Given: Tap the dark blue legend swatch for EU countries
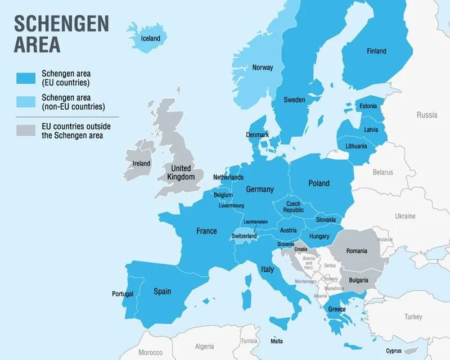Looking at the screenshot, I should click(x=25, y=79).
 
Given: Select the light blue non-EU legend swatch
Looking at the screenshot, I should click(x=25, y=102).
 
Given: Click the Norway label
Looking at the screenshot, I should click(x=263, y=67).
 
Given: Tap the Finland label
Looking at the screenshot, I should click(x=376, y=51).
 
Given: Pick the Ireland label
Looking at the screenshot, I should click(x=141, y=164).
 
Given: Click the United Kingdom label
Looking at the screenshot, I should click(x=181, y=173).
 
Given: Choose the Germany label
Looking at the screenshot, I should click(x=259, y=190).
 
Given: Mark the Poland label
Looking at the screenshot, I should click(x=318, y=183).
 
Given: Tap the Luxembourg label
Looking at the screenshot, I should click(x=231, y=205).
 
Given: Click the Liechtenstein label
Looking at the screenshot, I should click(x=247, y=222).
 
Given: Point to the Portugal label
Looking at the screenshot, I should click(x=123, y=294).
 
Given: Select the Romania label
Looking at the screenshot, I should click(x=357, y=251).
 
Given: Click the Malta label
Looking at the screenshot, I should click(x=277, y=341).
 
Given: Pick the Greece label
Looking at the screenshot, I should click(x=337, y=309).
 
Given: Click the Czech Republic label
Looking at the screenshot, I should click(x=294, y=206).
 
